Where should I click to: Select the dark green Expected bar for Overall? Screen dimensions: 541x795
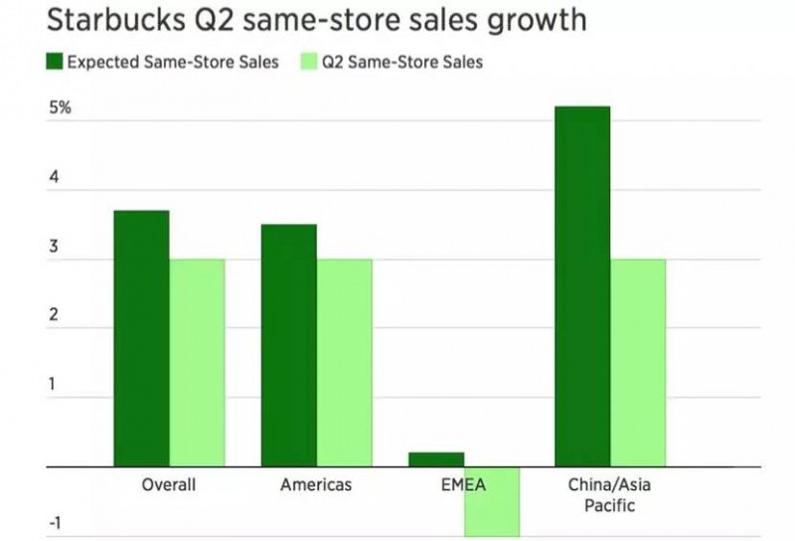tap(141, 338)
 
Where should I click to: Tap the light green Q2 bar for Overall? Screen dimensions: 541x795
tap(197, 362)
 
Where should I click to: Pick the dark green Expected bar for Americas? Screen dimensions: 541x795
tap(288, 345)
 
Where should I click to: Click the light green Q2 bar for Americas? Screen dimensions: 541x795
tap(344, 362)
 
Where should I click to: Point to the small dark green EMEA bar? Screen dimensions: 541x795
tap(435, 459)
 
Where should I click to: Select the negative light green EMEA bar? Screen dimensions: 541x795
tap(492, 501)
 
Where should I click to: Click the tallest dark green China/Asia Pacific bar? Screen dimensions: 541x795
tap(582, 285)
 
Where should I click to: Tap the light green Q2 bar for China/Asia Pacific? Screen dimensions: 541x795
tap(638, 362)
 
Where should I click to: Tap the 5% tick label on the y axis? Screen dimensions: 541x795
tap(60, 107)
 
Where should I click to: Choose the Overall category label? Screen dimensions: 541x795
tap(169, 485)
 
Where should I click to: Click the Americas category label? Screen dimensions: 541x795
tap(316, 485)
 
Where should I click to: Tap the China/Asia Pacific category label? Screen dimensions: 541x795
tap(610, 495)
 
